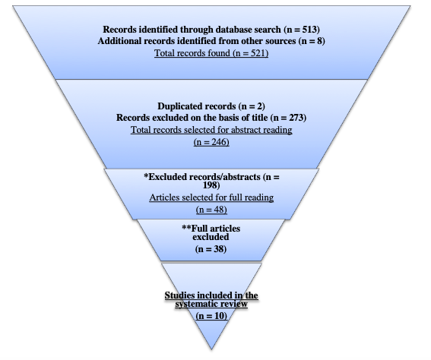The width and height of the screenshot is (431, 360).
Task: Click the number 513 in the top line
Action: (x=310, y=29)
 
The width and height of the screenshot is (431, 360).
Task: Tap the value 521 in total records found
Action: (x=258, y=52)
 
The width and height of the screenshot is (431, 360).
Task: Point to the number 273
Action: (x=296, y=118)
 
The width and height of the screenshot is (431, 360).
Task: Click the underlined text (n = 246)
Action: (x=211, y=142)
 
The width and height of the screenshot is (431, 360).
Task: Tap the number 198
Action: (x=211, y=185)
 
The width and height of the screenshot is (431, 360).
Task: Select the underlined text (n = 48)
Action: (x=211, y=210)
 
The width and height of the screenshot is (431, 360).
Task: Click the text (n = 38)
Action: (x=211, y=249)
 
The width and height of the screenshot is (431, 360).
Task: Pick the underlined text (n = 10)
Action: (x=211, y=315)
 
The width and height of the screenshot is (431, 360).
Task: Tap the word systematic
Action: (x=195, y=304)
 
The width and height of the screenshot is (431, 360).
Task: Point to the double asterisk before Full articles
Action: (x=186, y=227)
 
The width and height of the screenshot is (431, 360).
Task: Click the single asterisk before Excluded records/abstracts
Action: (x=146, y=175)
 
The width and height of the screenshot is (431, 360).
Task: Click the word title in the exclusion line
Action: (x=260, y=118)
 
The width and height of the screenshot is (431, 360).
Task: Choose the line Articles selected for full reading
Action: (x=211, y=197)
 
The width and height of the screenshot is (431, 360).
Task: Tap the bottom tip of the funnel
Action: (x=211, y=349)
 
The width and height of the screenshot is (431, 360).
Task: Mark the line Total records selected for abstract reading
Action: (x=211, y=130)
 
